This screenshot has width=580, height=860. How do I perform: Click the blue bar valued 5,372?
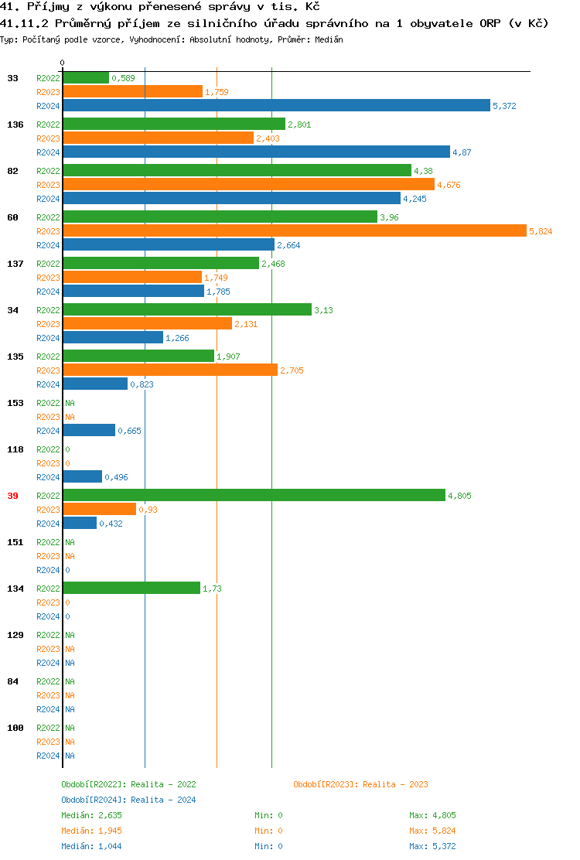(276, 106)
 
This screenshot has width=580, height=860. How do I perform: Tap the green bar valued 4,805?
(254, 496)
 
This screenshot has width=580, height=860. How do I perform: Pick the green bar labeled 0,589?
(86, 78)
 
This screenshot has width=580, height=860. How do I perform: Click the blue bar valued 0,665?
(89, 431)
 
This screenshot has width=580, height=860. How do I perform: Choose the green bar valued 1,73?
(131, 589)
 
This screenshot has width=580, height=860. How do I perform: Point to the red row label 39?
(12, 496)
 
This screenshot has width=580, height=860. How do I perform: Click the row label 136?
(15, 125)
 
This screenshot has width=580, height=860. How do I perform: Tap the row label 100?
(15, 728)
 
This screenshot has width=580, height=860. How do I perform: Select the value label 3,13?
(323, 310)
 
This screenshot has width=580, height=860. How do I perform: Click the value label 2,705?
(292, 370)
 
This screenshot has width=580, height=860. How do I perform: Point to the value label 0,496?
(116, 477)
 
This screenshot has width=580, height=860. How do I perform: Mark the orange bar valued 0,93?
(99, 510)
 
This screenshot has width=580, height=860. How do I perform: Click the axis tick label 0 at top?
(63, 63)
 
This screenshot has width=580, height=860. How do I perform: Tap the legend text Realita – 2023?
(395, 784)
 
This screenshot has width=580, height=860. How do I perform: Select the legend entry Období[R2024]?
(94, 800)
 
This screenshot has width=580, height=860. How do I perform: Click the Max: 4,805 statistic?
(432, 815)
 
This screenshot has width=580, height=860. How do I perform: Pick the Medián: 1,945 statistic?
(91, 831)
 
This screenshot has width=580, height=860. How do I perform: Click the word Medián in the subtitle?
(329, 39)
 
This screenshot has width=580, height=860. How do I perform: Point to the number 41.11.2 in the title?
(24, 23)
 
